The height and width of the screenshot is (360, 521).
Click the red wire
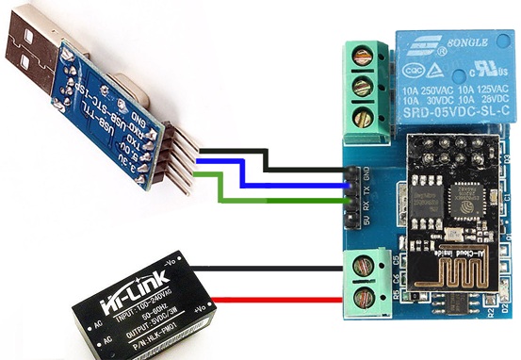(x=273, y=301)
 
